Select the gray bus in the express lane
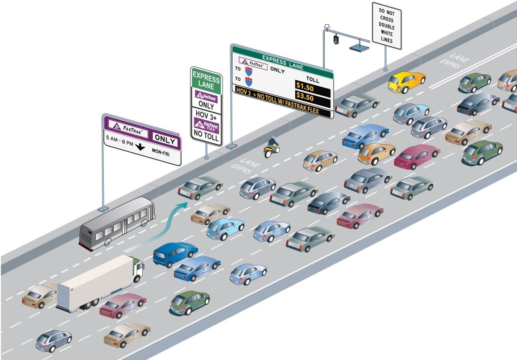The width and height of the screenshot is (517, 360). tap(117, 223)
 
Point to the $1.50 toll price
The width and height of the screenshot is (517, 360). tap(305, 86)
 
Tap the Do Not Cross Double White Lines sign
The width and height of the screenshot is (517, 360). tap(387, 25)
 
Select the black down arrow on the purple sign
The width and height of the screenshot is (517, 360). tap(140, 147)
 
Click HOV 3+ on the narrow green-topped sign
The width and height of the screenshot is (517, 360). tap(206, 115)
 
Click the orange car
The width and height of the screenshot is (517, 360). tap(376, 153)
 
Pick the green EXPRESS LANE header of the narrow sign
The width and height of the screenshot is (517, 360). tap(206, 80)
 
